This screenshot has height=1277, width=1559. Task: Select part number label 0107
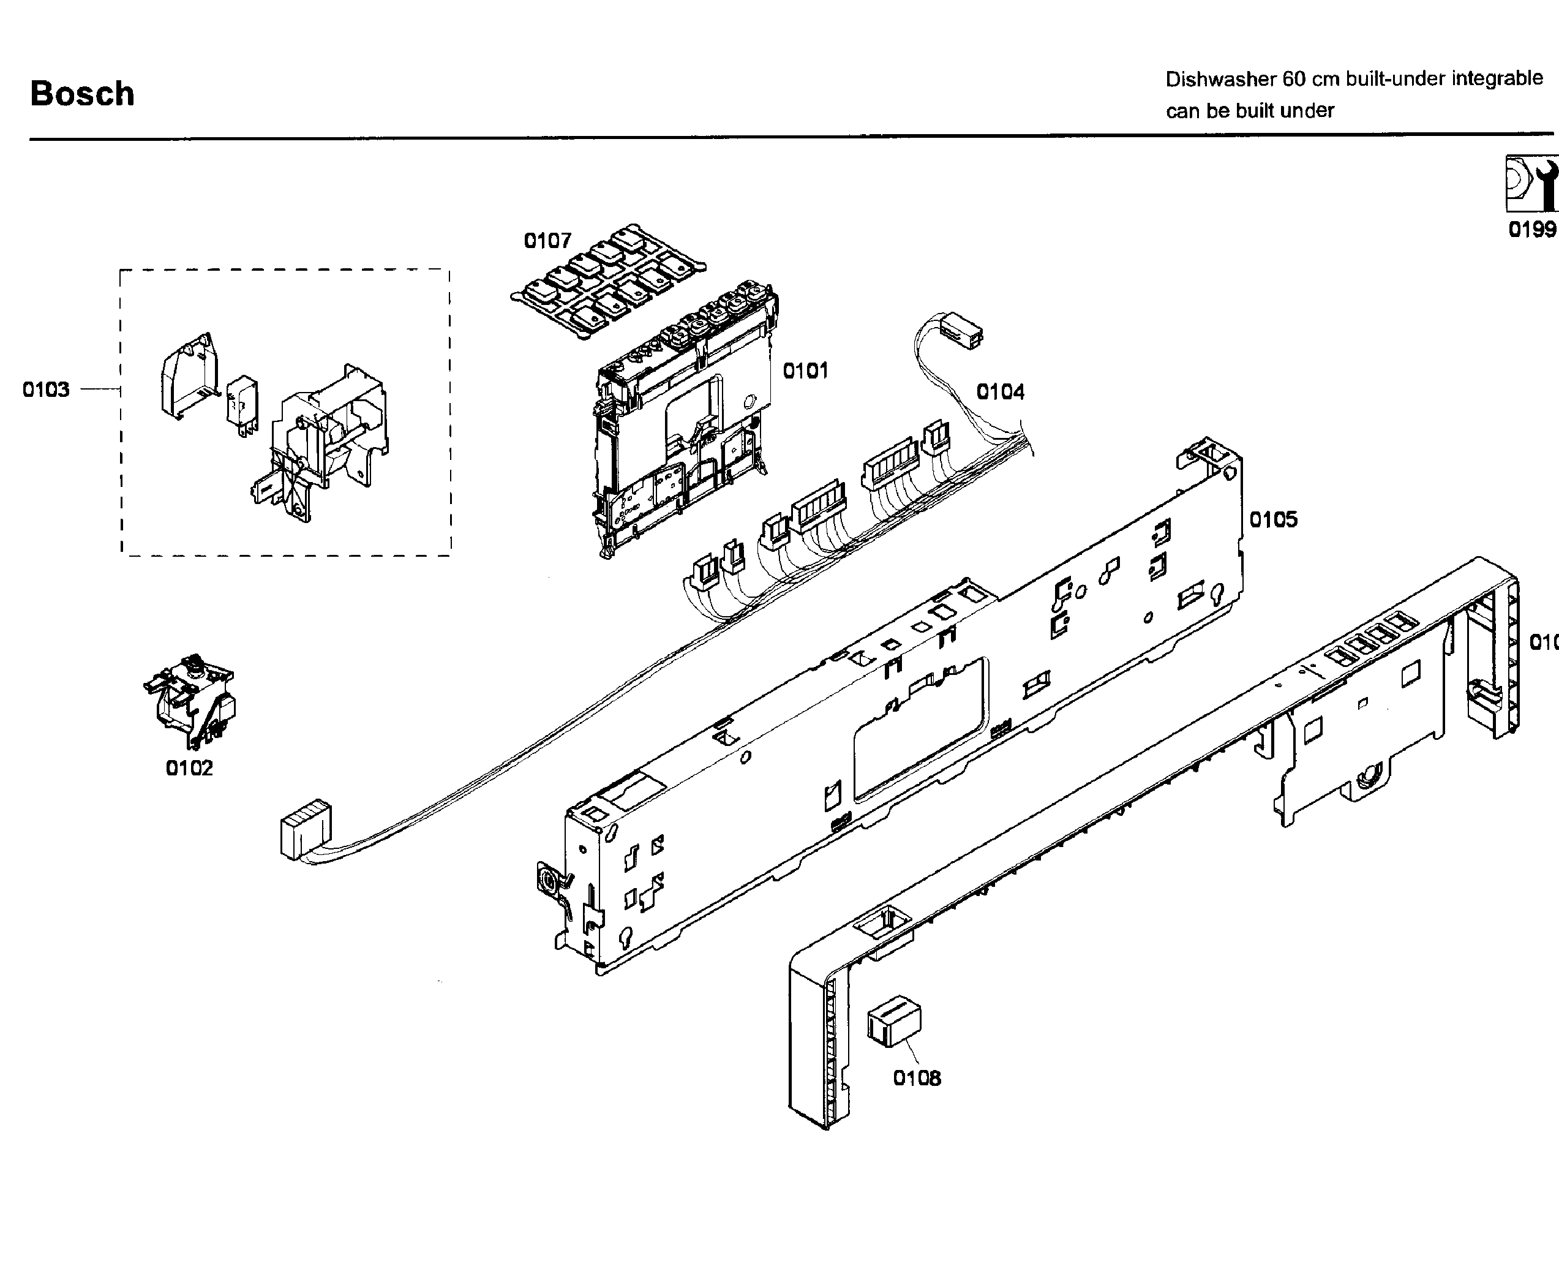tap(547, 241)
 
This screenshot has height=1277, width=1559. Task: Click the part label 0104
tap(1000, 392)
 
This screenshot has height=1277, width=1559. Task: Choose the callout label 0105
tap(1273, 520)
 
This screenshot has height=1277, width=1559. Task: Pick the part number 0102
tap(189, 768)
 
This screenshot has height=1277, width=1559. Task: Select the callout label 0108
tap(916, 1079)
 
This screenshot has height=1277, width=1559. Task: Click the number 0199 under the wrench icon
tap(1532, 230)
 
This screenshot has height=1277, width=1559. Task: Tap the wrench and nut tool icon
tap(1531, 184)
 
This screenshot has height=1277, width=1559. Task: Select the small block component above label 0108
tap(894, 1020)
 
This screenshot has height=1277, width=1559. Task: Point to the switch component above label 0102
tap(191, 695)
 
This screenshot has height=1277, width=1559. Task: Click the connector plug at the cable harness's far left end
tap(305, 828)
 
